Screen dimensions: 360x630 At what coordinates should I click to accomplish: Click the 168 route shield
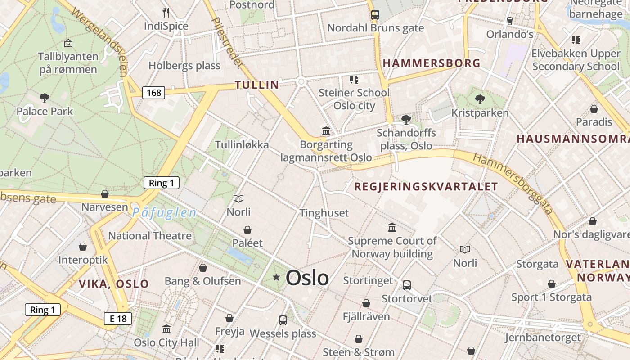tap(153, 93)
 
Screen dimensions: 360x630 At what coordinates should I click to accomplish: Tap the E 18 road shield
tap(118, 319)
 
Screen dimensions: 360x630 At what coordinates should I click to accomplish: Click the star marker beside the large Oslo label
tap(276, 278)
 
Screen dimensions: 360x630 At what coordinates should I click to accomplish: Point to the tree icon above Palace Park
tap(44, 98)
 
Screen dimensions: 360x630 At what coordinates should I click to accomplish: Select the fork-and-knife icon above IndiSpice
tap(166, 12)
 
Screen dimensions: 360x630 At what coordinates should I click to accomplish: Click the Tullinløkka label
tap(242, 145)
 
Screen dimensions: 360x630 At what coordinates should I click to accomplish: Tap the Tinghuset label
tap(324, 213)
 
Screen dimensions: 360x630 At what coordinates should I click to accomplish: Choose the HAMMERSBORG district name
tap(432, 63)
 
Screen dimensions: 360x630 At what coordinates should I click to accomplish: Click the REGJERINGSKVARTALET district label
tap(426, 186)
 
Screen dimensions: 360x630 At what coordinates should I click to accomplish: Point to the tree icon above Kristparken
tap(480, 99)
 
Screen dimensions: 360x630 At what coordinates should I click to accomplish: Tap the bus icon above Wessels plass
tap(283, 320)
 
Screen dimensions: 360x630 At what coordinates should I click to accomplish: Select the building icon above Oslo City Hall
tap(166, 329)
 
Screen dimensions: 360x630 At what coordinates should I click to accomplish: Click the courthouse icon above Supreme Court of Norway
tap(392, 227)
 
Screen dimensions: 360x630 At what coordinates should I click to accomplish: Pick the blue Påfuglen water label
tap(164, 212)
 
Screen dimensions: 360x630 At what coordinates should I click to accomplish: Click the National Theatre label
tap(150, 236)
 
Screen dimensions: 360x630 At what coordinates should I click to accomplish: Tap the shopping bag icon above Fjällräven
tap(366, 303)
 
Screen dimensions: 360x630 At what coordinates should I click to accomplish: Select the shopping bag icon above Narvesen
tap(105, 194)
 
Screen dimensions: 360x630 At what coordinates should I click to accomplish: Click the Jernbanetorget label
tap(543, 337)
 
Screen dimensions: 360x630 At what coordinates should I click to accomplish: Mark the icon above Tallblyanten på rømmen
tap(68, 43)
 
